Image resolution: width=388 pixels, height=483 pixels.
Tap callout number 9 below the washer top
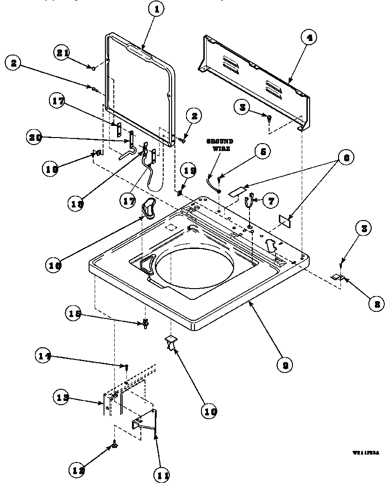(284, 365)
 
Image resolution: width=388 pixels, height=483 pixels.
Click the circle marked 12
(78, 469)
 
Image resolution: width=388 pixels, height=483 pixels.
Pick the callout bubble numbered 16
(54, 265)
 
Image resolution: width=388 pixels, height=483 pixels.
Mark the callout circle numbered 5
(262, 152)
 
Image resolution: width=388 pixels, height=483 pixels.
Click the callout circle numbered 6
(346, 158)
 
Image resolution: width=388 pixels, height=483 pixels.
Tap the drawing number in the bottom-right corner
(365, 452)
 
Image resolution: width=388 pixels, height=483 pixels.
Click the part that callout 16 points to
(148, 207)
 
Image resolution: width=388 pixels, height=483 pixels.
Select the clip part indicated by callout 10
(171, 343)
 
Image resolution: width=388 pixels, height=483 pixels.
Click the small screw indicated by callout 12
(114, 446)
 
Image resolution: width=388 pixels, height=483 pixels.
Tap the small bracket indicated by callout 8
(337, 277)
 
